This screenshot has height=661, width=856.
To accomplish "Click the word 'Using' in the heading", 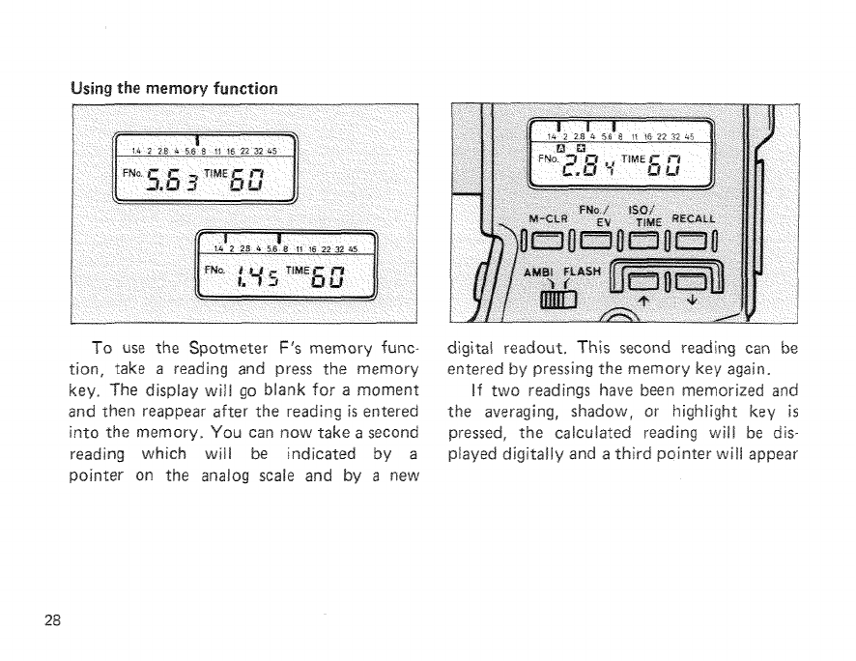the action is click(94, 88).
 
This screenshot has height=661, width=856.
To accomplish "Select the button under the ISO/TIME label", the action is click(657, 240).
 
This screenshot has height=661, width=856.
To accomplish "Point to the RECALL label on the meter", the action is click(721, 217).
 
